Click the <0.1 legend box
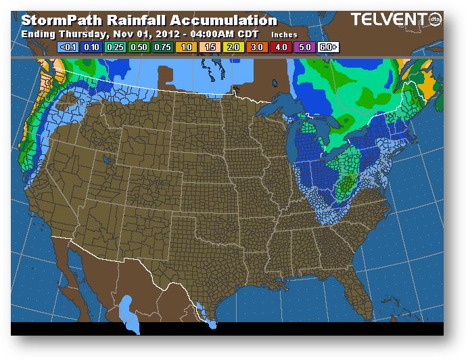coord(67,47)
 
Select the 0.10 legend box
coord(90,47)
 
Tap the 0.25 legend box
coord(114,47)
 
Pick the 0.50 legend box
coord(137,47)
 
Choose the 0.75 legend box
coord(161,47)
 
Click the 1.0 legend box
coord(185,47)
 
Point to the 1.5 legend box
coord(209,47)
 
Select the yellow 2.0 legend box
coord(233,47)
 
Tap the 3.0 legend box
coord(257,47)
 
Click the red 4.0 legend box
coord(281,47)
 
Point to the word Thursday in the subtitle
coord(80,32)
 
